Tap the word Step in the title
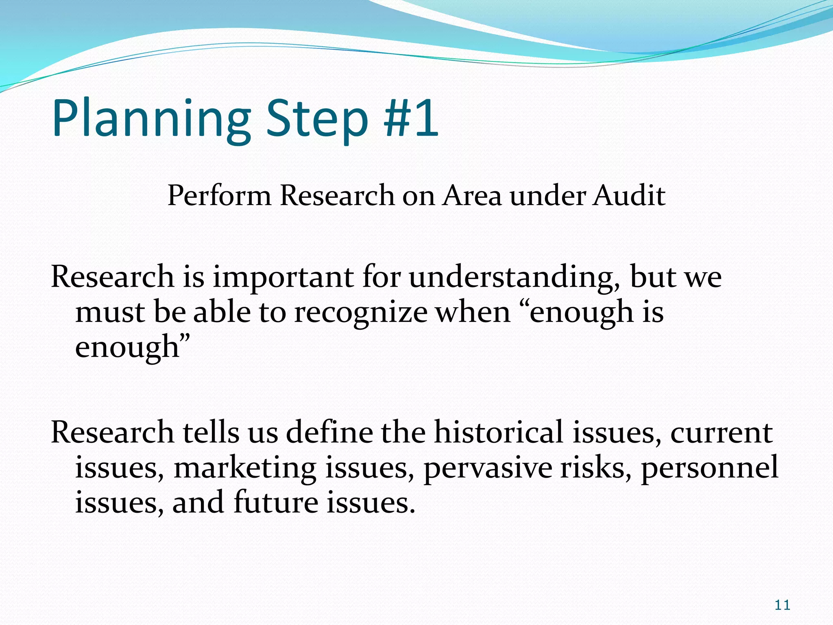(317, 119)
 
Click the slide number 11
(782, 605)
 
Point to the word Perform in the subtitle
(219, 196)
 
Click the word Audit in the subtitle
(629, 195)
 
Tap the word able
(222, 312)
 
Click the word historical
(499, 432)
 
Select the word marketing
(245, 468)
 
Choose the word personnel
(710, 468)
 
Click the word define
(329, 432)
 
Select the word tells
(211, 432)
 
